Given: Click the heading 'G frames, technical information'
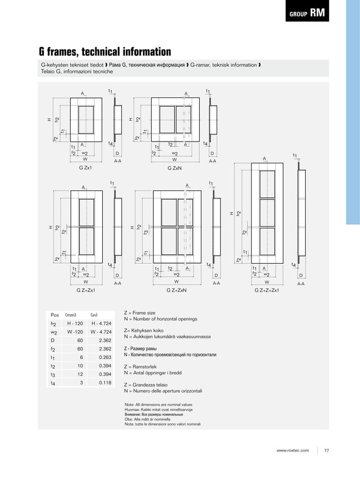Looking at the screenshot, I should click(x=104, y=52).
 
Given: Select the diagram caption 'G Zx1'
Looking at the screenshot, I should click(x=85, y=168).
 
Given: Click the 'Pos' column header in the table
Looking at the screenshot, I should click(x=55, y=315).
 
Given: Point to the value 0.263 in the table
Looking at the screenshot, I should click(x=104, y=357).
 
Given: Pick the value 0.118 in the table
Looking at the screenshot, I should click(x=104, y=383).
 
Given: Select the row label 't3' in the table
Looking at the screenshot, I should click(x=52, y=375).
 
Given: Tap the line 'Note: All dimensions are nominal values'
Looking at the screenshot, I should click(x=159, y=405).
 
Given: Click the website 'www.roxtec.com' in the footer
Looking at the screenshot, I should click(x=293, y=450).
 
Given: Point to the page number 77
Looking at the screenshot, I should click(x=327, y=450).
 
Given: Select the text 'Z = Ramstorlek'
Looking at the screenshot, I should click(x=143, y=366).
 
